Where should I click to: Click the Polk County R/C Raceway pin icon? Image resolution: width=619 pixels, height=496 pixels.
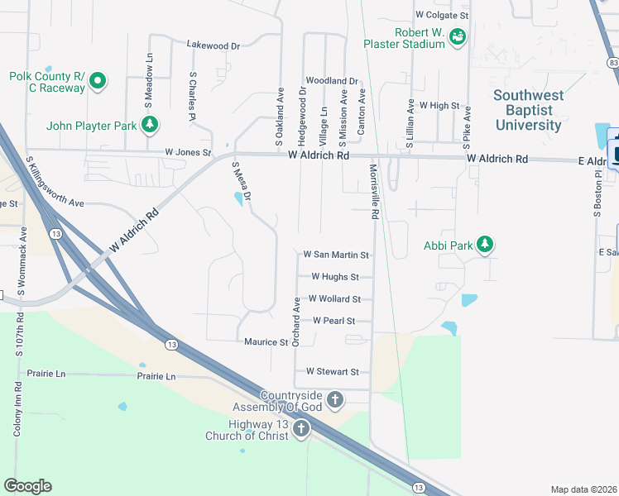(98, 81)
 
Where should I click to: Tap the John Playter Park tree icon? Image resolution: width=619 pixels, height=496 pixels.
(150, 125)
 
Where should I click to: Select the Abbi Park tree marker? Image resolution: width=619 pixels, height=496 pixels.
(485, 244)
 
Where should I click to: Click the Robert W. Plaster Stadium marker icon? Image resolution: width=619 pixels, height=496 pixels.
(457, 36)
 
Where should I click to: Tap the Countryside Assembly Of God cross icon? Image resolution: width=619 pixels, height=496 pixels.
(335, 400)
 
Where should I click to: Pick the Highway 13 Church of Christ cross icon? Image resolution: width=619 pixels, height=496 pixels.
(301, 428)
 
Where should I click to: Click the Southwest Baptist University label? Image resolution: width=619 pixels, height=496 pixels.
(528, 110)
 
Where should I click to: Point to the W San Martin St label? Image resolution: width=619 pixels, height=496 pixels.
(336, 255)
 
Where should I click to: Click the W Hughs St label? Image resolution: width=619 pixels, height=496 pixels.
(335, 277)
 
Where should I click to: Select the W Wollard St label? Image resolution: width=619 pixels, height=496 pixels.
(334, 298)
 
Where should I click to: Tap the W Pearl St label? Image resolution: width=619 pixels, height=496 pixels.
(333, 320)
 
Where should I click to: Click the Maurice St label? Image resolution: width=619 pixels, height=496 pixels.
(266, 341)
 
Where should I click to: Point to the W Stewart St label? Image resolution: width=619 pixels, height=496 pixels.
(332, 372)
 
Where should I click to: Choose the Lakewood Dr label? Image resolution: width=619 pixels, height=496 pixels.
(213, 45)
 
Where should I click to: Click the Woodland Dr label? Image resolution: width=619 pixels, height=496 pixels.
(331, 81)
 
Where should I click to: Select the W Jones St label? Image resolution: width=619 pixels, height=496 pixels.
(188, 152)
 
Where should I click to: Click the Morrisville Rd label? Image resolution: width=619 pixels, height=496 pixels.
(374, 191)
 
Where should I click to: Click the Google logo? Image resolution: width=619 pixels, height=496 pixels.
(27, 485)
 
